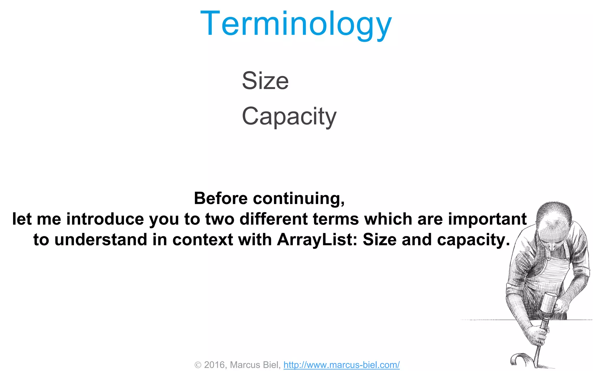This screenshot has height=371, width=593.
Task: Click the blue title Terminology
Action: tap(296, 24)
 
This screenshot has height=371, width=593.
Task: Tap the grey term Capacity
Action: tap(289, 116)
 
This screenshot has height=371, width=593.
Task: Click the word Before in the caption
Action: tap(221, 199)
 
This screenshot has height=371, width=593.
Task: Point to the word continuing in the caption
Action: tap(299, 199)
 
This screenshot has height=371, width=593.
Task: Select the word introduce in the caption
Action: tap(105, 219)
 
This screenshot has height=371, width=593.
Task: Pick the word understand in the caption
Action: tap(101, 240)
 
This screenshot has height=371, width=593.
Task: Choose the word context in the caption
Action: tap(202, 240)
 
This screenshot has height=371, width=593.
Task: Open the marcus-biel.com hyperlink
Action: tap(341, 365)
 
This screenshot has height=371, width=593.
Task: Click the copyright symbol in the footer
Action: tap(198, 365)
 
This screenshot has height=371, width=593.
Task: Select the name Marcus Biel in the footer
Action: tap(254, 365)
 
